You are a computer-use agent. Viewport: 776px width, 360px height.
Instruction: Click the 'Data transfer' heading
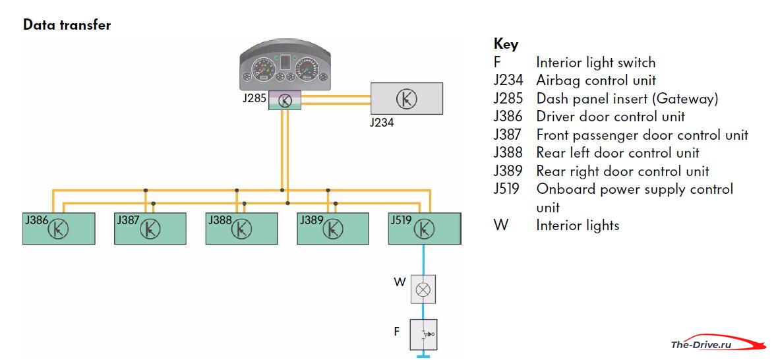[67, 25]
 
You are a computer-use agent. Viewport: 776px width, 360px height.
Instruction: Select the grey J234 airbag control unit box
[407, 98]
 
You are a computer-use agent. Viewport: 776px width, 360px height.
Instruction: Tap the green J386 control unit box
[59, 228]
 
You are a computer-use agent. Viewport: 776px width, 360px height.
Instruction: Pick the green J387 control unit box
[150, 228]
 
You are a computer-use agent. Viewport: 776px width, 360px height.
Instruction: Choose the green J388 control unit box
[241, 228]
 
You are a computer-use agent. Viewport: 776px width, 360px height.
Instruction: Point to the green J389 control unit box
[332, 228]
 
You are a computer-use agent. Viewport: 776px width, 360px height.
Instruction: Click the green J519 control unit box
[425, 228]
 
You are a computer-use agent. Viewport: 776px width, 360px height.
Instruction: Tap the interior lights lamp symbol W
[423, 289]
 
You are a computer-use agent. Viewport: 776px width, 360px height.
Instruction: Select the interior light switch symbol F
[423, 334]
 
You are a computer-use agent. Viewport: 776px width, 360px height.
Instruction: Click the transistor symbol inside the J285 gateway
[285, 101]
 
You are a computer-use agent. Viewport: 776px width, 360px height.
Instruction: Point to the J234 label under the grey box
[382, 123]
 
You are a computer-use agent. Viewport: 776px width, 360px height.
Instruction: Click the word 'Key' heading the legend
[506, 45]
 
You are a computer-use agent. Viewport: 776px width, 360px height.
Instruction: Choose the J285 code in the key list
[508, 98]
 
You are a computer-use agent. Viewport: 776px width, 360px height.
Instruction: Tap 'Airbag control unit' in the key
[596, 80]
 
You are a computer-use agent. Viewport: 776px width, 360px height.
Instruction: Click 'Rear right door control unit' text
[622, 171]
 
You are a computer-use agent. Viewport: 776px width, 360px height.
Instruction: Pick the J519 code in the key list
[507, 189]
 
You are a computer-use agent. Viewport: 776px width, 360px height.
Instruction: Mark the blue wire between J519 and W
[423, 260]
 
